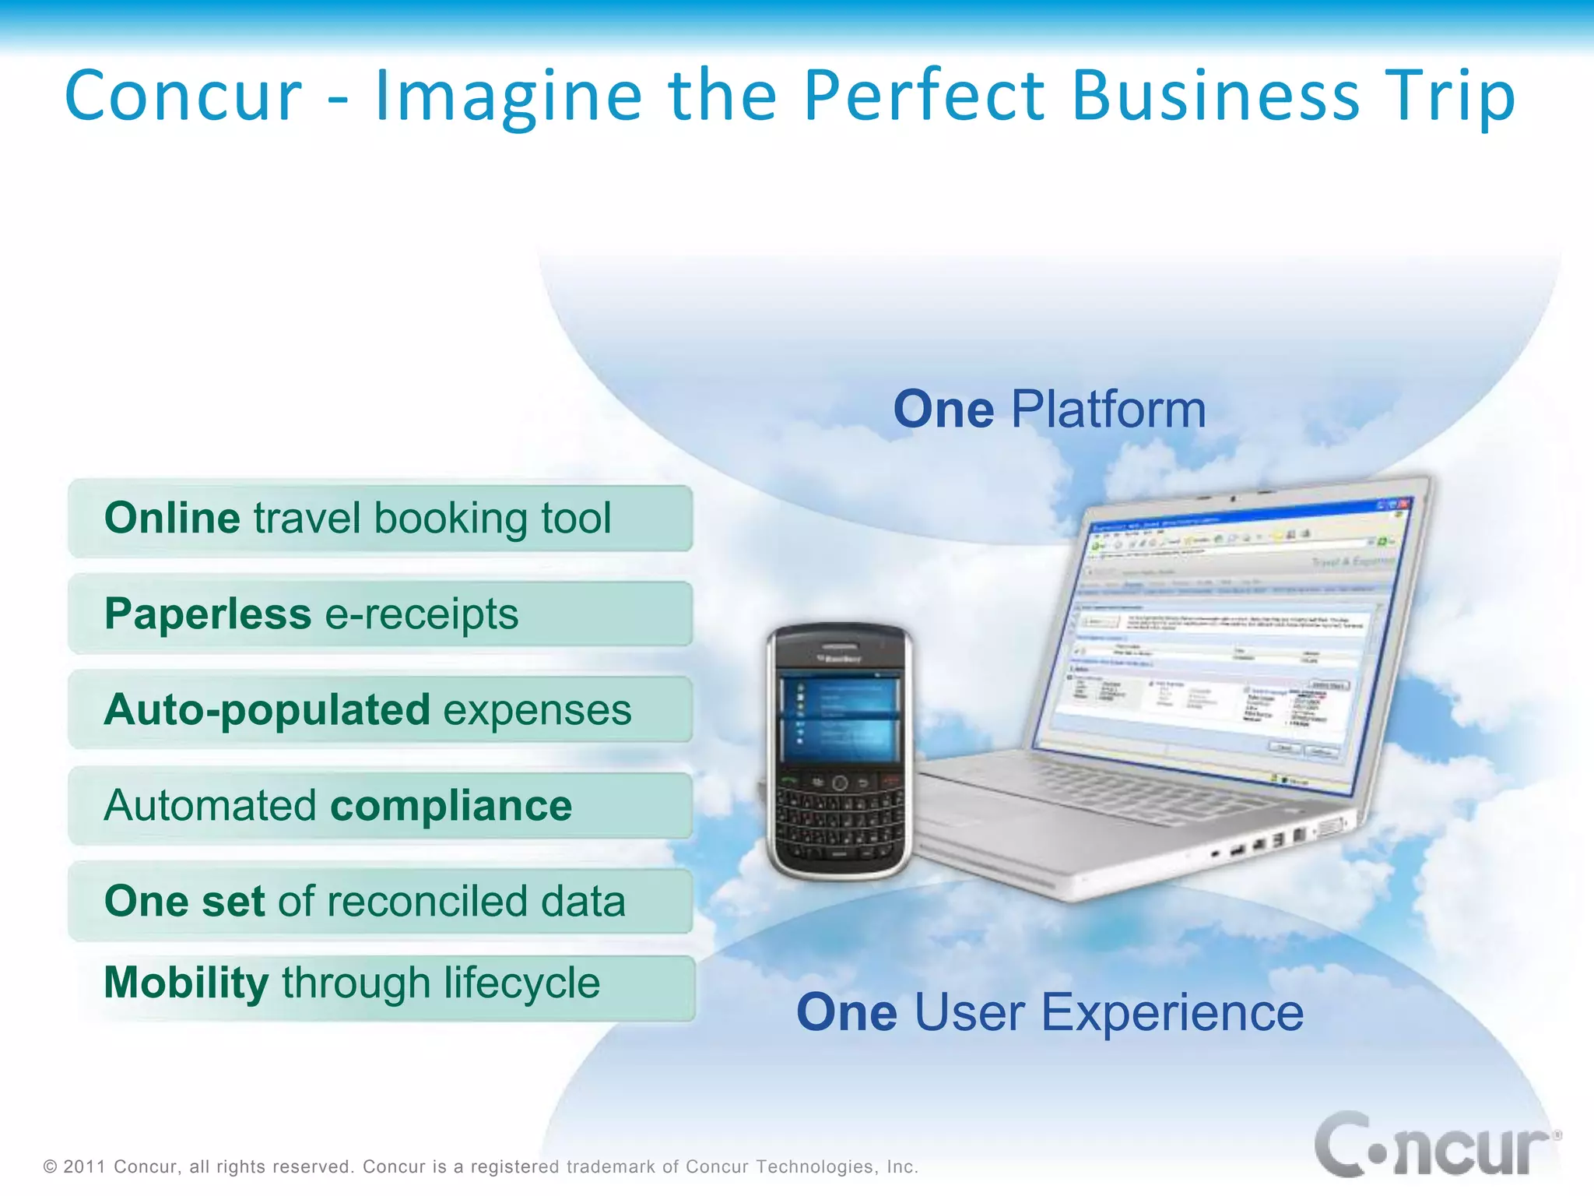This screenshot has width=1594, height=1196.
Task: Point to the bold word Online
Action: click(172, 518)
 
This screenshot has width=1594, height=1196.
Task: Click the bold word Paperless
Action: click(208, 614)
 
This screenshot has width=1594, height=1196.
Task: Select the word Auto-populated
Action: click(267, 710)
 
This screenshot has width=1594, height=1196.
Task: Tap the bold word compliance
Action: click(451, 806)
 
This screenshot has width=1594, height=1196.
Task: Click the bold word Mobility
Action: click(186, 982)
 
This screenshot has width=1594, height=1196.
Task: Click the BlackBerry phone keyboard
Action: click(839, 821)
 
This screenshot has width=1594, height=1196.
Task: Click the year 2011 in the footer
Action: click(84, 1166)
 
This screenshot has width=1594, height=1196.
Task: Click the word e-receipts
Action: click(421, 614)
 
